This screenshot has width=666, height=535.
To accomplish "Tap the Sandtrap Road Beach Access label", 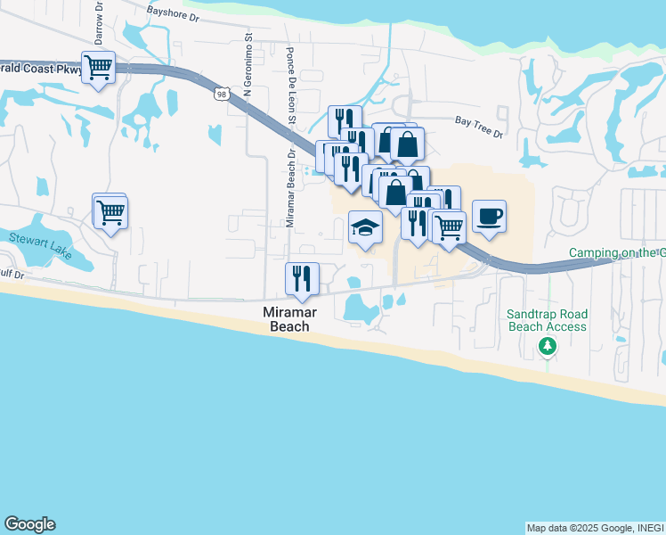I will pos(547,320).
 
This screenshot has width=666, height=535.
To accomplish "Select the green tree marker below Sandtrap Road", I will pos(548,345).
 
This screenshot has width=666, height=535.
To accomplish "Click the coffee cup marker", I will pos(488,216).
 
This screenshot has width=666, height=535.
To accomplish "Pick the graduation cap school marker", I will pos(365,228).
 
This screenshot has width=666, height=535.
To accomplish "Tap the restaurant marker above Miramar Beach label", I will pos(302,278).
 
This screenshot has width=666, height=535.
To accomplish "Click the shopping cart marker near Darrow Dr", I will pos(98,67).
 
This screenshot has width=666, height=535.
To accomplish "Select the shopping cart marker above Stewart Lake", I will pos(111,212).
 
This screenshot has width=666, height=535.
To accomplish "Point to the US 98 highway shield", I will pos(222,93).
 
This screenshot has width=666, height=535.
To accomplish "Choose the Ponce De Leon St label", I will pos(291,80).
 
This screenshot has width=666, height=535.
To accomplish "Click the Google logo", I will pos(29,524).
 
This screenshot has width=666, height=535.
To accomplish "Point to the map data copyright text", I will pos(595,528).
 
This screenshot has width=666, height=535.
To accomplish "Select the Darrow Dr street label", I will pos(99,24).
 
